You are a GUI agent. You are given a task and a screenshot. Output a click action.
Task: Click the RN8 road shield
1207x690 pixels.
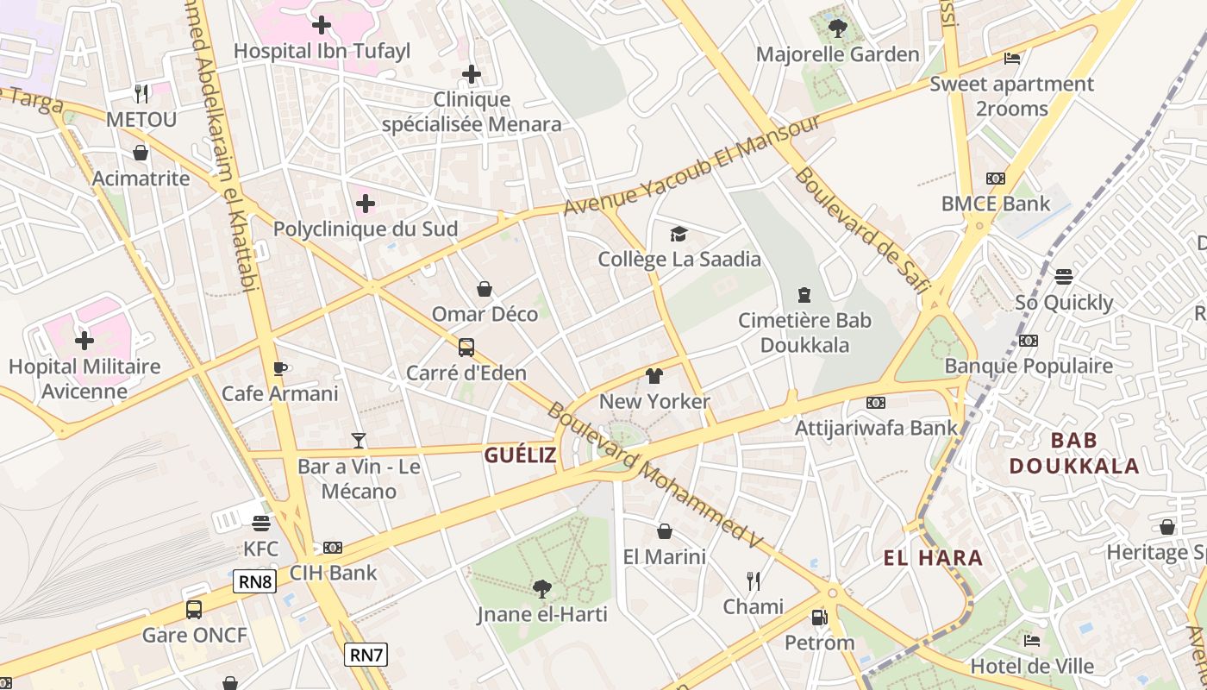click(255, 581)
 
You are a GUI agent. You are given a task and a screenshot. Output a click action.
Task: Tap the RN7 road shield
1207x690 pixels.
click(366, 655)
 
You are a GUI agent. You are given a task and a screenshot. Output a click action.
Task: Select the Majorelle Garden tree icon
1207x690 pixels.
click(837, 28)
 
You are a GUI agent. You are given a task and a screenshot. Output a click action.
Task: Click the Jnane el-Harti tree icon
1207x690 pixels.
click(542, 589)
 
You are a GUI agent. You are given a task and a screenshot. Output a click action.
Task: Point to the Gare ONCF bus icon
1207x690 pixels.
click(194, 610)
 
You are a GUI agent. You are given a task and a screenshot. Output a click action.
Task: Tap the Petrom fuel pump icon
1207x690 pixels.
click(819, 618)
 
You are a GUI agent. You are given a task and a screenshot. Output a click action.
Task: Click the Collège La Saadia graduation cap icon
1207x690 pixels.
click(679, 234)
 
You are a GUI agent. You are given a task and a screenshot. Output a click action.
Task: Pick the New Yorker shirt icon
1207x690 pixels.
click(654, 376)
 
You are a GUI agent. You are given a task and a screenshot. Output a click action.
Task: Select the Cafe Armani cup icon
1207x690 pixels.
click(279, 368)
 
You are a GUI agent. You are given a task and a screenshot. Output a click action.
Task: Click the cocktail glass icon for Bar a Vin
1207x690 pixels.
click(359, 441)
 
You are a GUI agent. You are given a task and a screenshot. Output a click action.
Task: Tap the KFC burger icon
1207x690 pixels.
click(261, 524)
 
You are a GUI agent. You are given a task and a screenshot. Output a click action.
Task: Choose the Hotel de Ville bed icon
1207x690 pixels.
click(1031, 641)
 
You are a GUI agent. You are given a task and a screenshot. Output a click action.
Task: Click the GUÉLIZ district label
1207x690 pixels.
click(520, 455)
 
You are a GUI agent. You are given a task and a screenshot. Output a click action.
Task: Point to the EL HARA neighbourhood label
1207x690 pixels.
click(933, 558)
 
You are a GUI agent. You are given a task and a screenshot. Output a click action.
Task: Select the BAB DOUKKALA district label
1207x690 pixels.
click(1074, 454)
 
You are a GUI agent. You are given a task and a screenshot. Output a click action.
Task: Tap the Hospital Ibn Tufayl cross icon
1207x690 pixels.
click(322, 25)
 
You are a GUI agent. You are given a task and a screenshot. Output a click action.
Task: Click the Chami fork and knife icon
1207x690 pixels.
click(754, 580)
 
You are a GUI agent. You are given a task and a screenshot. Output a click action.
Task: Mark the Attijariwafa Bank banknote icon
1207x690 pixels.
click(876, 403)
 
